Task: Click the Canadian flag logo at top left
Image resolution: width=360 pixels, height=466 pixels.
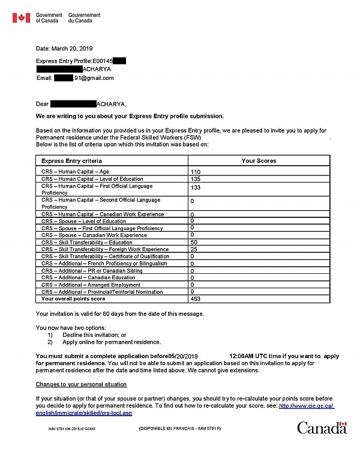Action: [21, 17]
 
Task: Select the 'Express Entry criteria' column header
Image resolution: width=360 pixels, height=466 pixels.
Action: [71, 161]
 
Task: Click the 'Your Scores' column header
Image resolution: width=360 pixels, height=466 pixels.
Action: [259, 161]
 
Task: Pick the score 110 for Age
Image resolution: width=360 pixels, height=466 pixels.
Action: [195, 172]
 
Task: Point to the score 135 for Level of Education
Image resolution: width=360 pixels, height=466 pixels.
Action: [195, 179]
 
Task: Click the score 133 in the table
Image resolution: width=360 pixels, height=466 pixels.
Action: [195, 188]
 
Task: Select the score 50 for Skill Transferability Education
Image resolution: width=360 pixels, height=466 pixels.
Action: [193, 242]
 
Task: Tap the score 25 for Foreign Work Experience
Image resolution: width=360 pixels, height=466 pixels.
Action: [193, 249]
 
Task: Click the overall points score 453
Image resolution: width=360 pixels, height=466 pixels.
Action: [195, 298]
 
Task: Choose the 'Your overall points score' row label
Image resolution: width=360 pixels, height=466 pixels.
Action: [73, 298]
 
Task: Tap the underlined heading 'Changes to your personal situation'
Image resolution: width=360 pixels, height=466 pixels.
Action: [81, 384]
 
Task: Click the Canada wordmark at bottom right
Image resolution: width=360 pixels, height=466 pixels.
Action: [322, 428]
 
